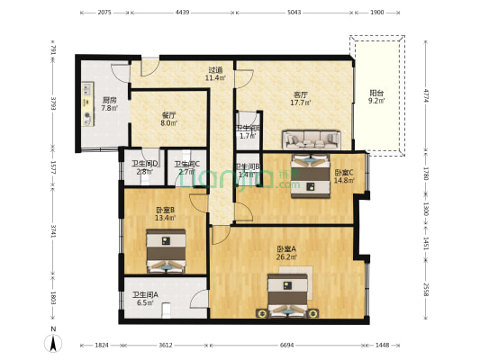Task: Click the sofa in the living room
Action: [311, 140]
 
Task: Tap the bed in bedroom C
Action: [311, 173]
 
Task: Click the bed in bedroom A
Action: [287, 296]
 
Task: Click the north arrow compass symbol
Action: [54, 341]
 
